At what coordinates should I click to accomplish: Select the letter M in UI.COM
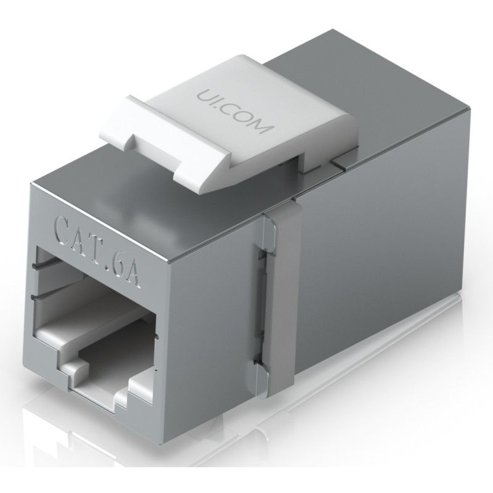point(264,127)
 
